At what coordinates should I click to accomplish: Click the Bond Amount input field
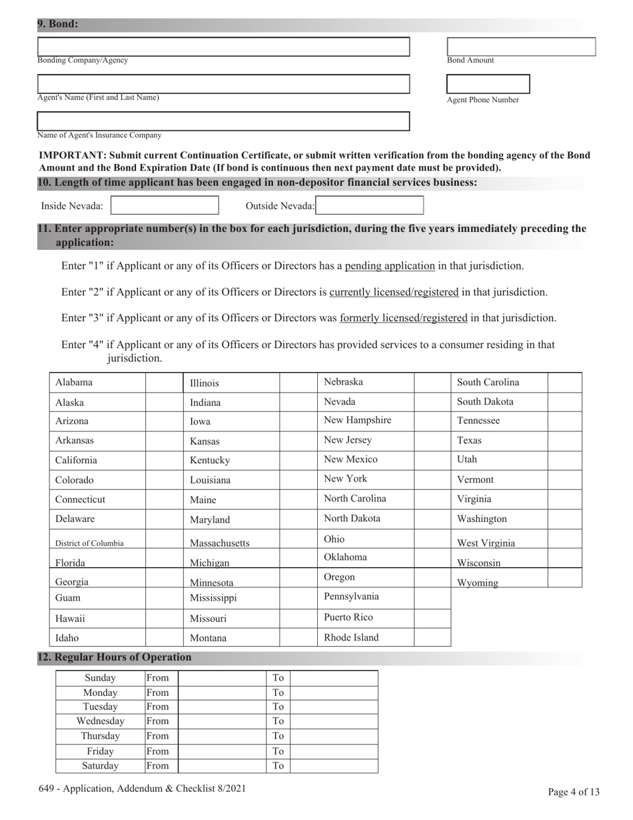[x=520, y=47]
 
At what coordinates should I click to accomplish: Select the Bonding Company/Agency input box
[x=223, y=47]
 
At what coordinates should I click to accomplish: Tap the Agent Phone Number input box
[x=488, y=84]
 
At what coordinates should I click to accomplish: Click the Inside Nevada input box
[x=165, y=205]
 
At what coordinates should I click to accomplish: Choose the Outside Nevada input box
[x=370, y=205]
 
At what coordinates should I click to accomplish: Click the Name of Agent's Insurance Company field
[x=223, y=121]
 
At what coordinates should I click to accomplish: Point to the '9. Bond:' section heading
[x=58, y=24]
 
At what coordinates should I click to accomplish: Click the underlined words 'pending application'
[x=390, y=266]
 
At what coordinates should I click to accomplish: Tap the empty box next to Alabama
[x=164, y=383]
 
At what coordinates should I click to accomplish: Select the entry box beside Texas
[x=564, y=441]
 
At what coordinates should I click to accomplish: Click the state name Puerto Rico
[x=348, y=617]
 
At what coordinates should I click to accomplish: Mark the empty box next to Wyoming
[x=564, y=578]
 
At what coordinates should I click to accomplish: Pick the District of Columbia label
[x=89, y=543]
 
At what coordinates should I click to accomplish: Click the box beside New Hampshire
[x=432, y=421]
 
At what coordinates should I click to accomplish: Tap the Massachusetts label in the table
[x=220, y=543]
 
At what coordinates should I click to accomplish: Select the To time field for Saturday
[x=334, y=766]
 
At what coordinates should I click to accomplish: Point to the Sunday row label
[x=101, y=678]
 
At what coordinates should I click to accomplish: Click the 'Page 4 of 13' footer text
[x=574, y=792]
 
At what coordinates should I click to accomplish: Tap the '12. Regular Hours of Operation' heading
[x=114, y=657]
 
